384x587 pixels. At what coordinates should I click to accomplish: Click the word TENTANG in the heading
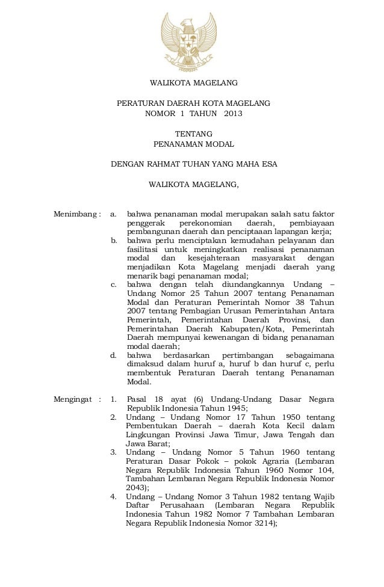pyautogui.click(x=193, y=134)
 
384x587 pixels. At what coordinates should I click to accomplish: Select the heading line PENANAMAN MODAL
pyautogui.click(x=193, y=144)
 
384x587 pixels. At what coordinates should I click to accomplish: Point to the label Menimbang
pyautogui.click(x=75, y=214)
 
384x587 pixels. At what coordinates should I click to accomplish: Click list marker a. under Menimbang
pyautogui.click(x=114, y=214)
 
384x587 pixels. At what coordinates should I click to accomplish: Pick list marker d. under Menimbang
pyautogui.click(x=114, y=355)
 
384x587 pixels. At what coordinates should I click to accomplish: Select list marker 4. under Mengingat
pyautogui.click(x=114, y=496)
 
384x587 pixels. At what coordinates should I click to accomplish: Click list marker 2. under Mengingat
pyautogui.click(x=114, y=417)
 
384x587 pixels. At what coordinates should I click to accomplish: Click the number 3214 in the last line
pyautogui.click(x=261, y=524)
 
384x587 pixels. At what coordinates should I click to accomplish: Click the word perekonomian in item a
pyautogui.click(x=204, y=224)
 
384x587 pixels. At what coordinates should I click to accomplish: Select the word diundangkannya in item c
pyautogui.click(x=252, y=284)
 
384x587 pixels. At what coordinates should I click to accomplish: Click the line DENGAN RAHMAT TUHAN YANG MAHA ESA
pyautogui.click(x=193, y=164)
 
